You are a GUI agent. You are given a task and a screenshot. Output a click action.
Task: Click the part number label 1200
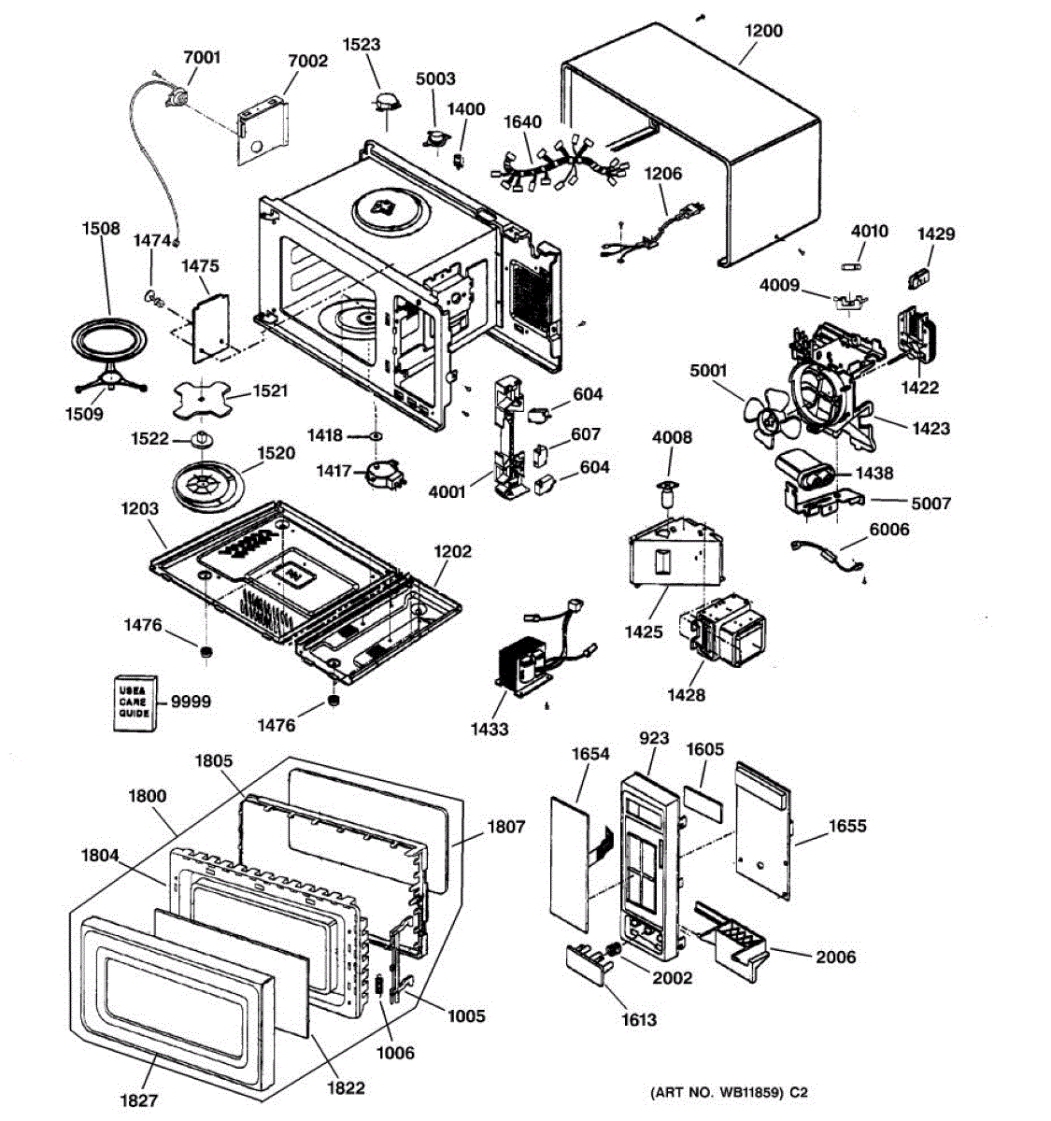pyautogui.click(x=763, y=31)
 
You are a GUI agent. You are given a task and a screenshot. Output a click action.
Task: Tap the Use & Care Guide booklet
pyautogui.click(x=135, y=702)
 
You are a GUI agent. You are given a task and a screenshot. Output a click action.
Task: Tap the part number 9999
pyautogui.click(x=191, y=702)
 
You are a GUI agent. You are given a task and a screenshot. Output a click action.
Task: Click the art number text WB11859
pyautogui.click(x=750, y=1092)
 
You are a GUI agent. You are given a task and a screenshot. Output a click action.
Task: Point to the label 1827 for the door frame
pyautogui.click(x=139, y=1100)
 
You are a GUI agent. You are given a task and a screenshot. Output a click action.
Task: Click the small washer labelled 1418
pyautogui.click(x=375, y=436)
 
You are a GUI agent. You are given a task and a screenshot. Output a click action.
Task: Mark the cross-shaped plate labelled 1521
pyautogui.click(x=202, y=399)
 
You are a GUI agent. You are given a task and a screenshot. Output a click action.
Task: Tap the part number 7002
pyautogui.click(x=307, y=61)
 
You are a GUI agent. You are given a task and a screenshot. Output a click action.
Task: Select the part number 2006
pyautogui.click(x=836, y=957)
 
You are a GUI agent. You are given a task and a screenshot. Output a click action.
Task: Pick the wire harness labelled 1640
pyautogui.click(x=556, y=165)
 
